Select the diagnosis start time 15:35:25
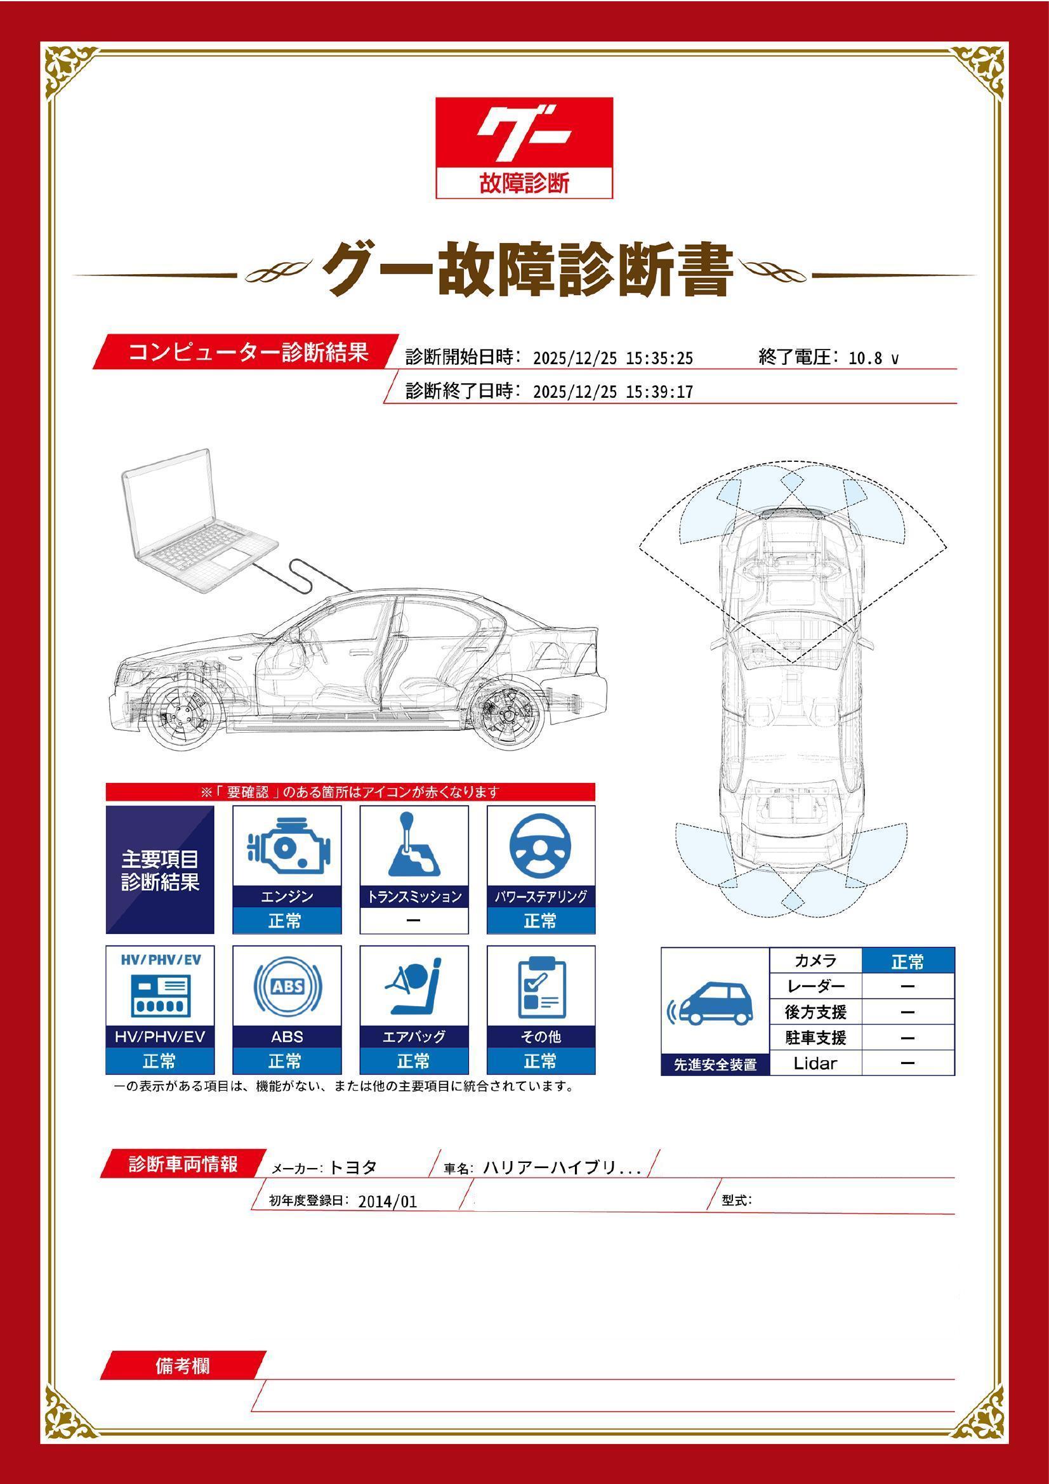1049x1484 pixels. pos(659,358)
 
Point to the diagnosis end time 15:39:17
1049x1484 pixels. pos(659,392)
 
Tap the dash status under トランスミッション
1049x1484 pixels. pos(414,921)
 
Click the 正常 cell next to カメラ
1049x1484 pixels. pos(907,962)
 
